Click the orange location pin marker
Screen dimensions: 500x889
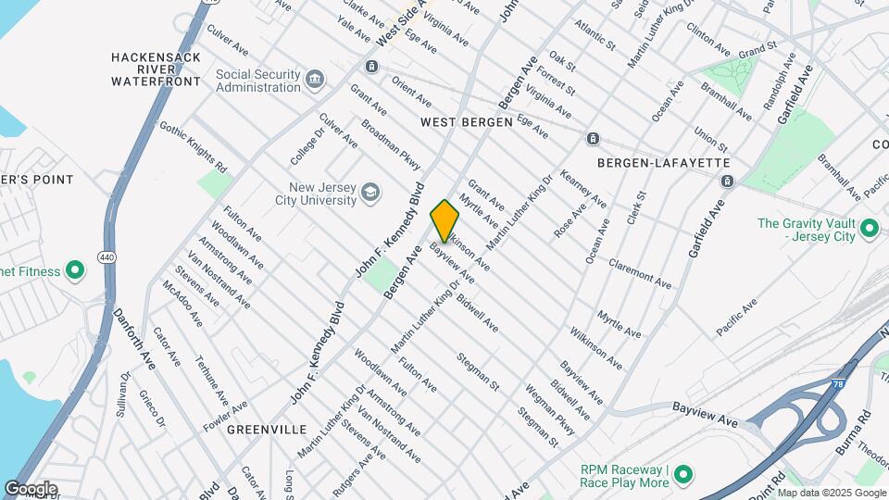click(x=445, y=220)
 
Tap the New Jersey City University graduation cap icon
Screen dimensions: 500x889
click(x=370, y=193)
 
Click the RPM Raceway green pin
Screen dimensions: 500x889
click(x=683, y=475)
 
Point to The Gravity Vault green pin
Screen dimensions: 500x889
click(x=869, y=228)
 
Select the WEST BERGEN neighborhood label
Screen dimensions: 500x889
click(x=466, y=122)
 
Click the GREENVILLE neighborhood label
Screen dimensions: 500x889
click(x=266, y=430)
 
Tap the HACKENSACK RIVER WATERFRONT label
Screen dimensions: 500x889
click(x=156, y=69)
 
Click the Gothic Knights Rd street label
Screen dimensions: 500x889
click(x=193, y=147)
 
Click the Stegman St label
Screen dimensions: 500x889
click(x=478, y=371)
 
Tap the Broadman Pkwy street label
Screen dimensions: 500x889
click(x=390, y=144)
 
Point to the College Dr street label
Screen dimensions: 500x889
click(x=304, y=148)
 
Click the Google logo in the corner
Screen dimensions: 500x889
click(x=31, y=488)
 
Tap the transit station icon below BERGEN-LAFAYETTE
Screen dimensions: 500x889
click(x=727, y=181)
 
